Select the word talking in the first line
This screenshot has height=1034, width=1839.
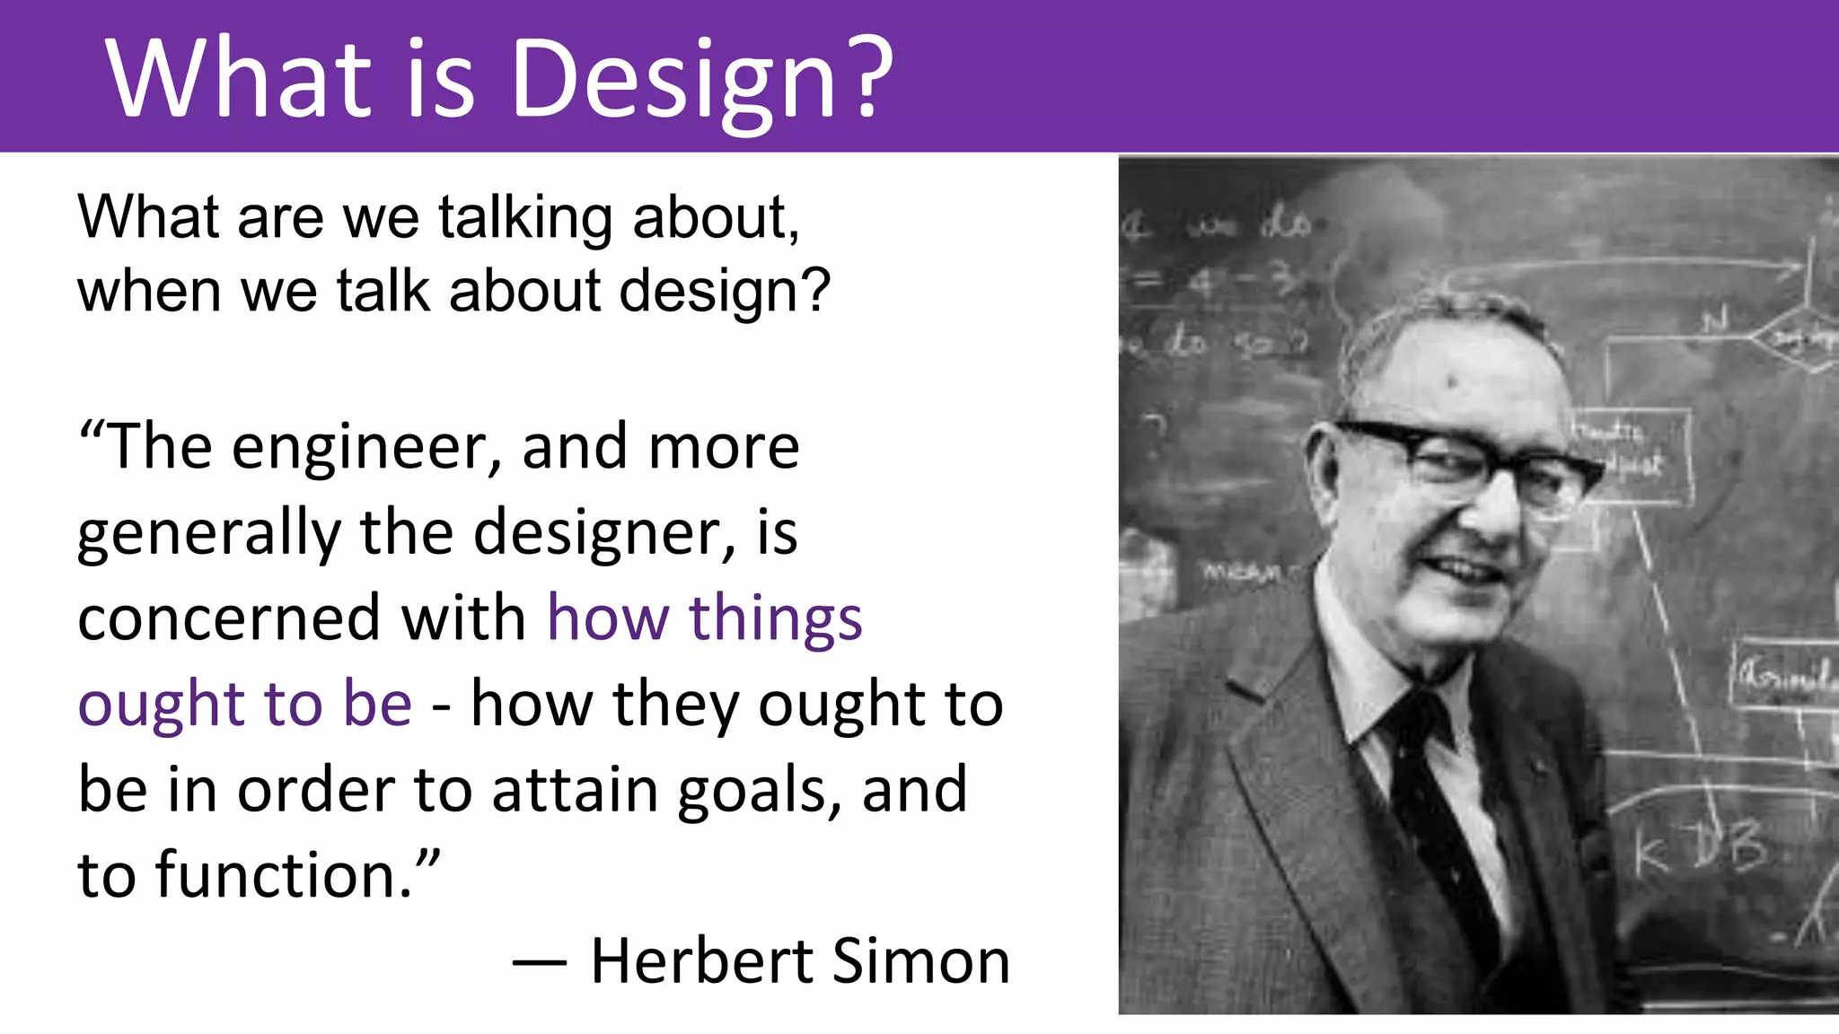525,218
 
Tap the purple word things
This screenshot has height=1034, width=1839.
775,620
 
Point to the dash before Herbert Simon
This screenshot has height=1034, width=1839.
539,963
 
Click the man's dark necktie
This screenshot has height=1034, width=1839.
1437,808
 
